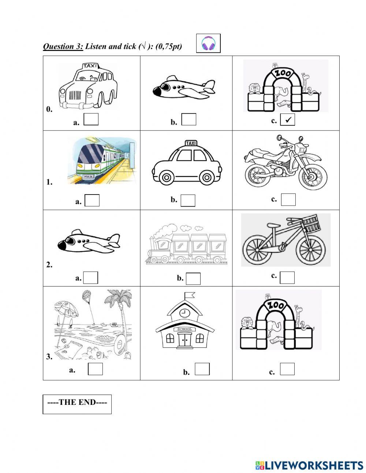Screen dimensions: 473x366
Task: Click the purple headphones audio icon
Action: (x=208, y=44)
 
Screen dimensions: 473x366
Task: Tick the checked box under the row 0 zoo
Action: (x=288, y=120)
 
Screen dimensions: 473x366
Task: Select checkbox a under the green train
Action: (x=92, y=200)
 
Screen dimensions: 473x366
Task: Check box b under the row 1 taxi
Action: (x=188, y=200)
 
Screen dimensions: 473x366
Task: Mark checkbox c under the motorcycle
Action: (x=288, y=199)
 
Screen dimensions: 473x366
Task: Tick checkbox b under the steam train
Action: (x=193, y=278)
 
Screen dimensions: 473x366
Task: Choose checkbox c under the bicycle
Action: (x=287, y=277)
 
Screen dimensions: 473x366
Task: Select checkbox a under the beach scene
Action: (x=95, y=369)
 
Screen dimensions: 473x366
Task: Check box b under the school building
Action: (x=202, y=369)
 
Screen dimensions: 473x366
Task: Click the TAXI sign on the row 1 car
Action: (x=190, y=143)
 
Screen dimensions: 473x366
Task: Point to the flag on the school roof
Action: (x=189, y=295)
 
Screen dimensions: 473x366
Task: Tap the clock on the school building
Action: (x=185, y=313)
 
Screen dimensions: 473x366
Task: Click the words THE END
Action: (x=77, y=402)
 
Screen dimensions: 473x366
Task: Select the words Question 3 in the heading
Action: (x=63, y=46)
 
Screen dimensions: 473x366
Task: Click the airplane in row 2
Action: (x=89, y=241)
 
